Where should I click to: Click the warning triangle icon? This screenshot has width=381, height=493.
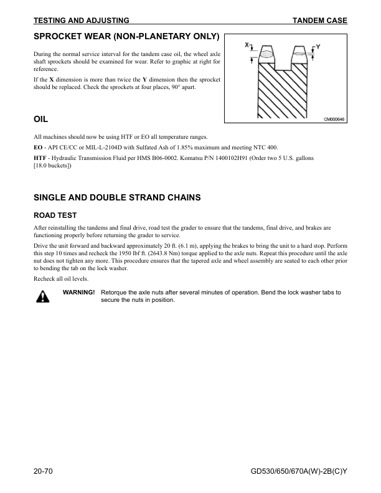pos(42,296)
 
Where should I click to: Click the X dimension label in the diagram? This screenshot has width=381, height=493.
pos(247,45)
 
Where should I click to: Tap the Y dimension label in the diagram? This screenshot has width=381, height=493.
pos(319,47)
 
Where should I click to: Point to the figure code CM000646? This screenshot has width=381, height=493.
pos(334,119)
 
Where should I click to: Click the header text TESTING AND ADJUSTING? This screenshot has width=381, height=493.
pos(81,21)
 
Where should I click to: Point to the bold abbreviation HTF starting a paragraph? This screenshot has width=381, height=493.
pos(40,159)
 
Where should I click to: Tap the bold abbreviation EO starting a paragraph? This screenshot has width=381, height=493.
pos(38,148)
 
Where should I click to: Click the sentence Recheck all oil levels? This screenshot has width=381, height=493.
pos(60,278)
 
